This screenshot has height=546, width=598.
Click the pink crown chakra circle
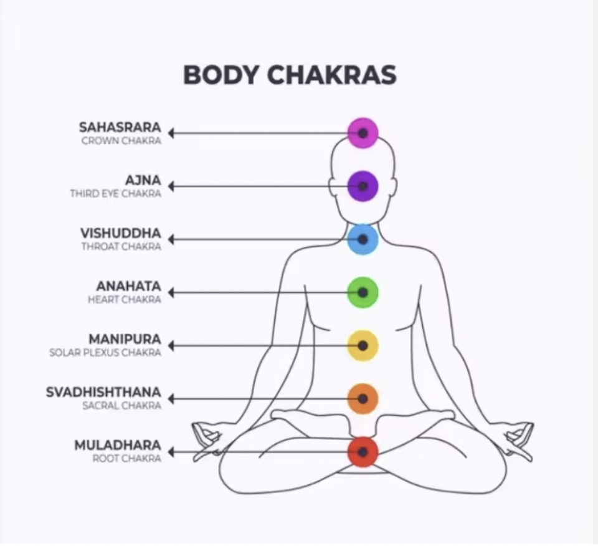[363, 133]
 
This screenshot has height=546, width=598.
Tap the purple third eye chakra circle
[363, 186]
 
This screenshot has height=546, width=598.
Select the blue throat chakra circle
[363, 239]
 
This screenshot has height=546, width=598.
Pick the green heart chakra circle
[363, 292]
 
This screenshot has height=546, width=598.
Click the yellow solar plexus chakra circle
[363, 345]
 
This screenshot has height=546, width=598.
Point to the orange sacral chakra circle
[363, 398]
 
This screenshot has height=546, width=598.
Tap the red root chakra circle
[363, 451]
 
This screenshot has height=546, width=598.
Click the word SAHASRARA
[120, 127]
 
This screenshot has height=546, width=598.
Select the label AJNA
[143, 180]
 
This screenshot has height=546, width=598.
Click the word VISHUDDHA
[120, 233]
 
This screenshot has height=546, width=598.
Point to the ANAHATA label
[128, 286]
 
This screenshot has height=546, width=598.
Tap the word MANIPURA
[125, 339]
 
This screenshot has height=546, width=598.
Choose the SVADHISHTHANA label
[103, 392]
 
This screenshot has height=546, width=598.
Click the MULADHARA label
[118, 445]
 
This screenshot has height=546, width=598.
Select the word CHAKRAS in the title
[332, 75]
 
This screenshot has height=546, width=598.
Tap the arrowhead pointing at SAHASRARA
[171, 133]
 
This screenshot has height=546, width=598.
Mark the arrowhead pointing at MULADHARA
[171, 451]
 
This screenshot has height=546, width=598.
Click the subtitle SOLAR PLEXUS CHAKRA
[105, 353]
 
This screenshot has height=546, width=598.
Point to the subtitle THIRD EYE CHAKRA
[115, 194]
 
